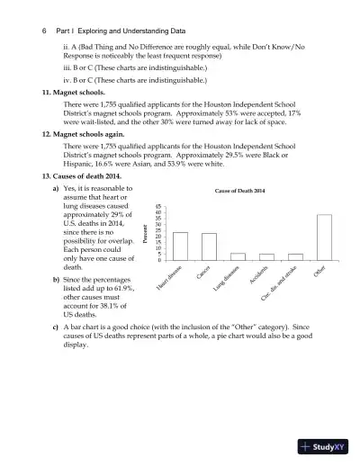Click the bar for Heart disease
(180, 246)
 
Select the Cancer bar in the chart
(209, 246)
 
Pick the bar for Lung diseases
(238, 256)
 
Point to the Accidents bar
(266, 256)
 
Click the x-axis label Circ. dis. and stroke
(279, 285)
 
